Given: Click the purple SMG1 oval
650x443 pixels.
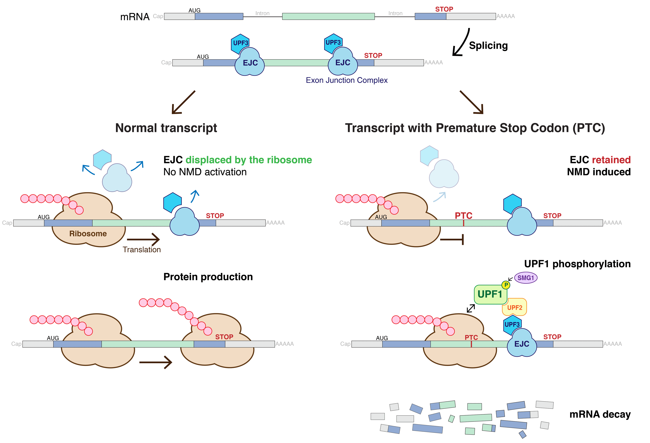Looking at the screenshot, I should tap(526, 278).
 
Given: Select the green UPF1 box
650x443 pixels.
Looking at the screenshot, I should tap(490, 294).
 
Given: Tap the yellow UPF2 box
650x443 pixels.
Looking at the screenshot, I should tap(515, 307).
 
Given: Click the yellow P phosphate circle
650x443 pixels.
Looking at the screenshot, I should tap(506, 285).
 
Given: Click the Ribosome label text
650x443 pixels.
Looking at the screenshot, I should tap(88, 233).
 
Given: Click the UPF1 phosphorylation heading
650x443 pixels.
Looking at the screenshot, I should tap(577, 264).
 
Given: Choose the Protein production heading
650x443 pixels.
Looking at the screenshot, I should tap(208, 277).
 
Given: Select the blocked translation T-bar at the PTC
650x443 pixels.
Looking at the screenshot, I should tap(453, 240).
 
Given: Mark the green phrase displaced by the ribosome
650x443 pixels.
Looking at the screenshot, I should tap(249, 160).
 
